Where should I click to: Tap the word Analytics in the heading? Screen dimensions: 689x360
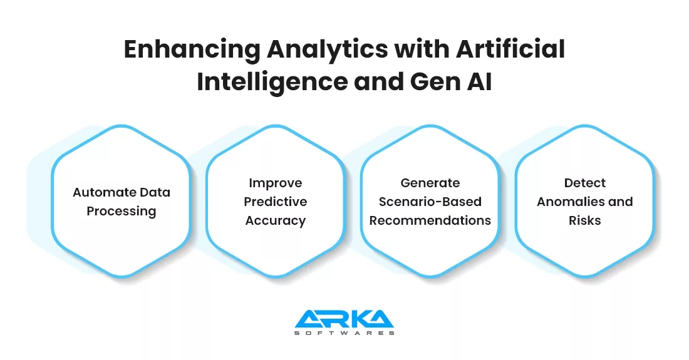click(x=328, y=49)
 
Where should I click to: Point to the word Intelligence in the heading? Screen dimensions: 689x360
click(x=272, y=83)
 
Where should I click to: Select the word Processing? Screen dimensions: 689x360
click(x=122, y=212)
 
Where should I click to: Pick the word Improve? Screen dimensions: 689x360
click(x=276, y=183)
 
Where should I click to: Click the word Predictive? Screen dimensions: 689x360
click(x=276, y=202)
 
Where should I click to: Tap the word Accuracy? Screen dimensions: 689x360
click(x=276, y=220)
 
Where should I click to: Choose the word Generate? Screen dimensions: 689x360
click(x=430, y=183)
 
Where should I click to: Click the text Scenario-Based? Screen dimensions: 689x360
click(x=430, y=202)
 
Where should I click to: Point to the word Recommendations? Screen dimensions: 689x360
click(x=430, y=220)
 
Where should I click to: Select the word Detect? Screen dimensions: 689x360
click(x=585, y=183)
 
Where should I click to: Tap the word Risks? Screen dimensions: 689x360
click(x=585, y=220)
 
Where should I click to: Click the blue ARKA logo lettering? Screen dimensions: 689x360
click(x=344, y=319)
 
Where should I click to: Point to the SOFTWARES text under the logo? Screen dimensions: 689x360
click(x=344, y=333)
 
